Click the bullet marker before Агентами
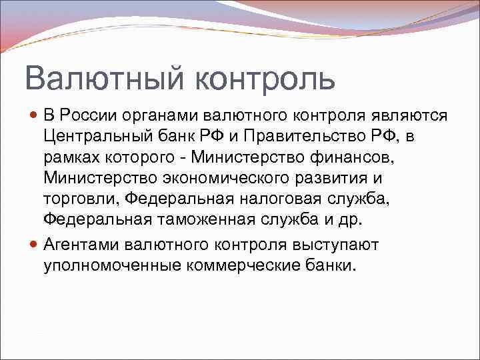tap(35, 245)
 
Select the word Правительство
tap(305, 137)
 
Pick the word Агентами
tap(86, 245)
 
